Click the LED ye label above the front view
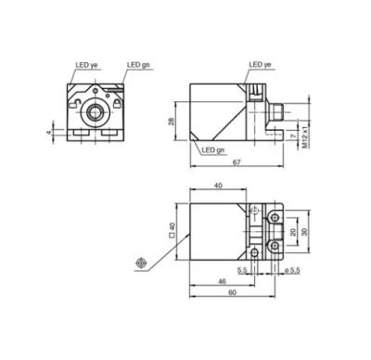86,65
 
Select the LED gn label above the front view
138,65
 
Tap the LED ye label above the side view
260,64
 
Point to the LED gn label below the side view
213,150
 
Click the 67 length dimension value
237,162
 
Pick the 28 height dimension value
171,122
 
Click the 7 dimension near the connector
294,135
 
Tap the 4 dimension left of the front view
48,133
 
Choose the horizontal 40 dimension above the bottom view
218,186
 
